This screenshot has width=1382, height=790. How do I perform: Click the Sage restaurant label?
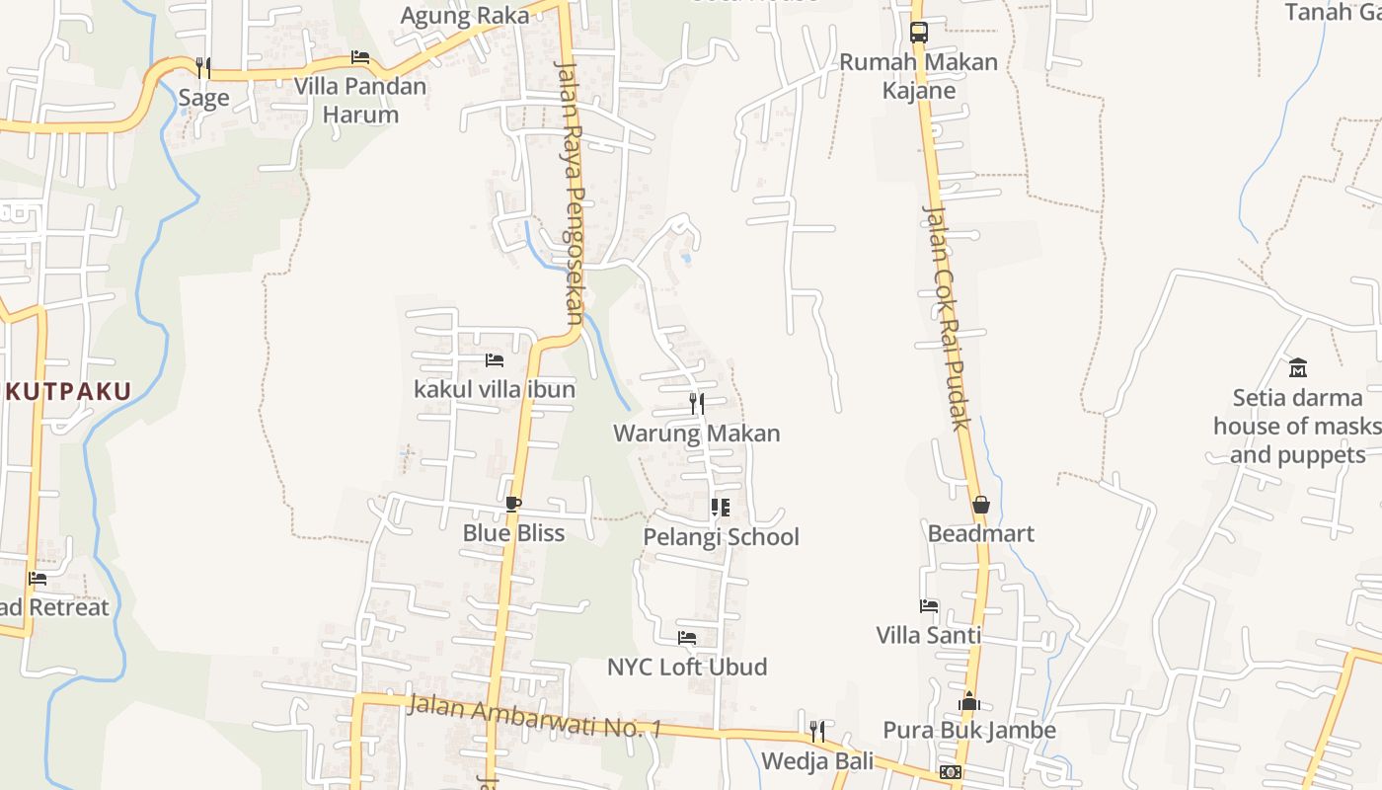pos(203,98)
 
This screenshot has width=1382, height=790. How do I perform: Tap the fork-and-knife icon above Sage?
pos(203,67)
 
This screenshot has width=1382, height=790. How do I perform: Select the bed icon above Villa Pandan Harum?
pos(360,57)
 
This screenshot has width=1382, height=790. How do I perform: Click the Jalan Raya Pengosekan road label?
pos(572,193)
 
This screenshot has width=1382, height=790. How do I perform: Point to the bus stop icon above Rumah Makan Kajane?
pos(919,32)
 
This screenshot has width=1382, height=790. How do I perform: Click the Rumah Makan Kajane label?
pos(919,76)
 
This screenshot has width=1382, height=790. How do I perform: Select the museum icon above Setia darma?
pos(1298,368)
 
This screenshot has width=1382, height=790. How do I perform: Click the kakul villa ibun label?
pos(495,389)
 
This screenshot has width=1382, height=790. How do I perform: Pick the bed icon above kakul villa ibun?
pos(495,360)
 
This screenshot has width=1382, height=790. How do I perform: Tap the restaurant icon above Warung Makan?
pos(697,403)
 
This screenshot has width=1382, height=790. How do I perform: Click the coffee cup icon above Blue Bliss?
pos(513,505)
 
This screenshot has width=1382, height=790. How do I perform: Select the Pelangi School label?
pos(722,537)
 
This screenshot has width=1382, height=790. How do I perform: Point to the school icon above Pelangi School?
pos(721,508)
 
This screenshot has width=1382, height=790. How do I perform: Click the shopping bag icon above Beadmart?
pos(981,505)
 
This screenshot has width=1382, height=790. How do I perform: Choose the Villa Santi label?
pos(929,635)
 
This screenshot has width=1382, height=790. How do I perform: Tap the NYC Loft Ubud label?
pos(687,667)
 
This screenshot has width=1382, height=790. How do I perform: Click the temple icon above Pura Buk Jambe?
pos(969,702)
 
